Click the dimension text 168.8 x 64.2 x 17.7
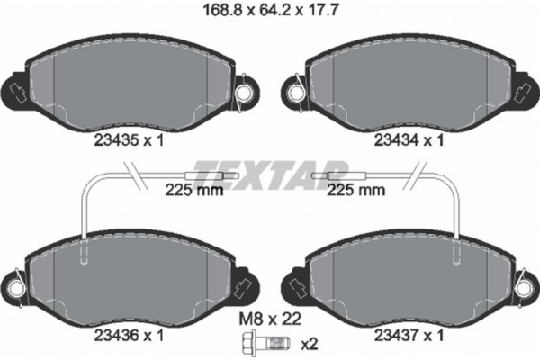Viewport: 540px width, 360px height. [269, 13]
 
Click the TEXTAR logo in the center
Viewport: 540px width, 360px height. [271, 169]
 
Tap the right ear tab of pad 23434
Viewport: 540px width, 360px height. [524, 89]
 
